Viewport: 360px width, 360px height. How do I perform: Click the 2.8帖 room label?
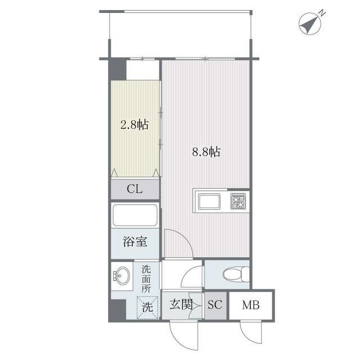(134, 125)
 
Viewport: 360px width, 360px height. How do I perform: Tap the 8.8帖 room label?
(206, 152)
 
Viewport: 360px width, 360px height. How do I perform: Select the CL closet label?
(135, 189)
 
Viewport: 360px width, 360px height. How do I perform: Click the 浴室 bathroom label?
(135, 241)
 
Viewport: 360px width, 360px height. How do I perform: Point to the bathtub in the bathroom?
(135, 215)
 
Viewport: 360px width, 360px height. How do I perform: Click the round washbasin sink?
(121, 276)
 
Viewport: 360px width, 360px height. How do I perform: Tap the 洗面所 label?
(146, 279)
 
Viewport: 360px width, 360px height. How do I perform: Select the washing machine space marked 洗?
(147, 308)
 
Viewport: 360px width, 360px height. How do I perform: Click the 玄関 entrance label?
(181, 305)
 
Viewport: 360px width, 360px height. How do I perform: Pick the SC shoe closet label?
(215, 305)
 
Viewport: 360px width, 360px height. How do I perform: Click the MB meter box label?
(251, 305)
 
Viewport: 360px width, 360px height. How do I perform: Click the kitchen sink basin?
(209, 201)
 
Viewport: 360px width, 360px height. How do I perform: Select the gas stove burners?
(238, 201)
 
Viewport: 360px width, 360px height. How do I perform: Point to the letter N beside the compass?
(322, 13)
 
